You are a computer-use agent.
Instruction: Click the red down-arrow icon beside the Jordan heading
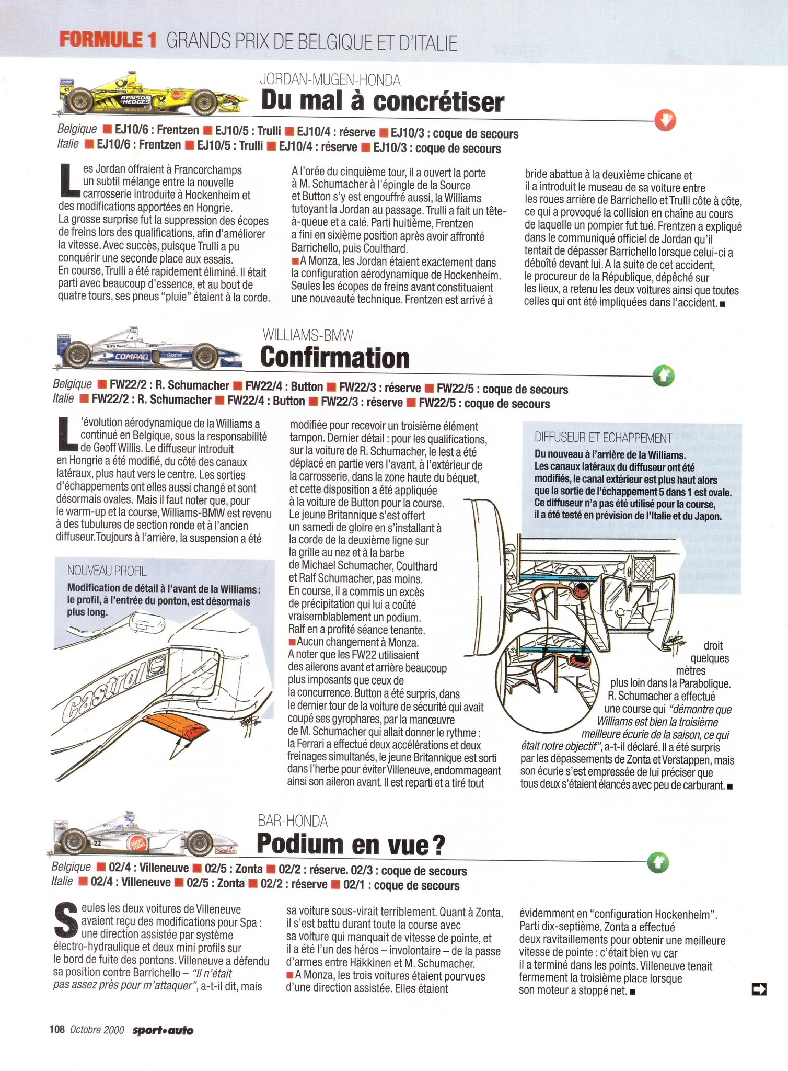point(665,121)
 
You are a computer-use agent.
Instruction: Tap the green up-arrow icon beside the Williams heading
point(664,375)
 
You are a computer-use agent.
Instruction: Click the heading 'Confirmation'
point(335,358)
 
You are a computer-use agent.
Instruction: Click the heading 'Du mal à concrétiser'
point(383,101)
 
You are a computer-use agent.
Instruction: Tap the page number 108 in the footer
point(57,1030)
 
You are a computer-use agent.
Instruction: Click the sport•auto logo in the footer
point(163,1030)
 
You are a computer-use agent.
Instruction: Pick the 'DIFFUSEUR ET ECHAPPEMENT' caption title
point(603,438)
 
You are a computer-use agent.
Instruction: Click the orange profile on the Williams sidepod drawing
point(174,727)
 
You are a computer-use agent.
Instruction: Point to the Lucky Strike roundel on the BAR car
point(139,844)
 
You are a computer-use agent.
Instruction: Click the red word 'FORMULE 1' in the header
point(108,40)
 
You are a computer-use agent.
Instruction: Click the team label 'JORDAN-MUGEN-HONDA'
point(330,80)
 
